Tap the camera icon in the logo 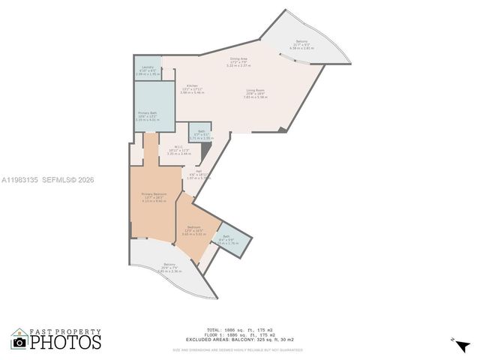coord(19,342)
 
